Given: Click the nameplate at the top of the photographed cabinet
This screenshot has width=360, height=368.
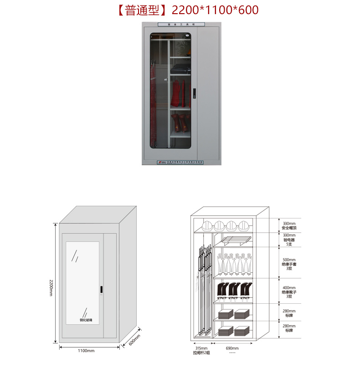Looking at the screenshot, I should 181,25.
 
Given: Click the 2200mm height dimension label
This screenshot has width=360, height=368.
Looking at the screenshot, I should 51,287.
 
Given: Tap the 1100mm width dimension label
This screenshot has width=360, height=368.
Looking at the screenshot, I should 86,351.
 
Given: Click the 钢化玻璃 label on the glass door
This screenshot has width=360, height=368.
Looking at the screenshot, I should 85,320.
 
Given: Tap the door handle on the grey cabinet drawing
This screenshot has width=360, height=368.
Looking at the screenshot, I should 101,290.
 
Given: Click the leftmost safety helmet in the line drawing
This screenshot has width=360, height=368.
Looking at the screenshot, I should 208,225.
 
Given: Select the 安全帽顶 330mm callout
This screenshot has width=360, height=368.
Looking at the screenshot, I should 289,225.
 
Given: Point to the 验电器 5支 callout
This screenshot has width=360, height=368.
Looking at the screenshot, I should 289,239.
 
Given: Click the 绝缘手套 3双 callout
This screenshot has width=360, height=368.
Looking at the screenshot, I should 289,263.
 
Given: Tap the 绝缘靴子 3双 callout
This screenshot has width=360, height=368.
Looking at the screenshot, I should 289,291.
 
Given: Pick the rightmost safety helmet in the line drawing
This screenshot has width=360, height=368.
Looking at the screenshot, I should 244,225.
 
